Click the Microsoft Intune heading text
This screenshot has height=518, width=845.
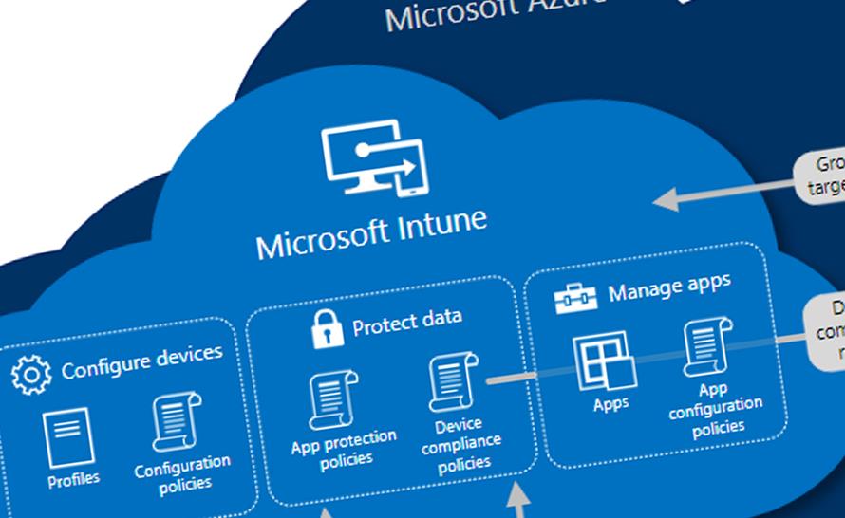[x=371, y=231]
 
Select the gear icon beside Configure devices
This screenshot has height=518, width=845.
[x=31, y=374]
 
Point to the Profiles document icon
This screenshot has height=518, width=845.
[x=67, y=438]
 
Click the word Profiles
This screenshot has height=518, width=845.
[x=73, y=480]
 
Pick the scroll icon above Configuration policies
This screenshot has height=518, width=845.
[x=177, y=421]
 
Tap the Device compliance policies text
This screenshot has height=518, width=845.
[x=464, y=443]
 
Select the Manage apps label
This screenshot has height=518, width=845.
[x=669, y=287]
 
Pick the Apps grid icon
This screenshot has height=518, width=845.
[x=603, y=361]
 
